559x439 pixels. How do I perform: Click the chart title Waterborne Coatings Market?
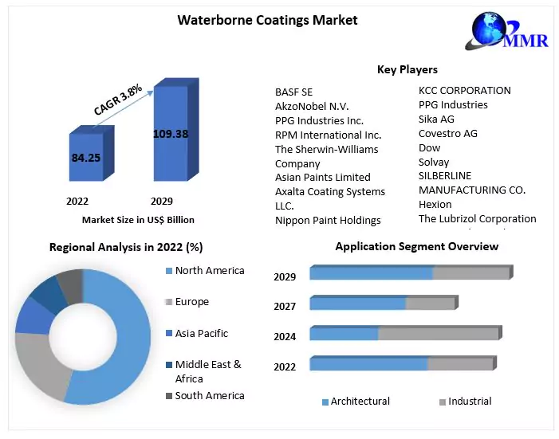(267, 20)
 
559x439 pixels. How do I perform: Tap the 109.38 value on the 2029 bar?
(171, 134)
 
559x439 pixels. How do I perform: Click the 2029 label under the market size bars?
(161, 202)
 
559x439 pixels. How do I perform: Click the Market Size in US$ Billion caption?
(138, 220)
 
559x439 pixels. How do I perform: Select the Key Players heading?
(407, 70)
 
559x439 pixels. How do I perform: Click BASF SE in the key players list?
(294, 92)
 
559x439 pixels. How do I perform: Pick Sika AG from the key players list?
(436, 119)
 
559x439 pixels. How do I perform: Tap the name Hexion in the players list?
(435, 205)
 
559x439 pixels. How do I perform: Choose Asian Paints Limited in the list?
(323, 177)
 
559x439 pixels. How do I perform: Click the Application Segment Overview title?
(417, 246)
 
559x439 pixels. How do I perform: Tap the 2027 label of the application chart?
(285, 307)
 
